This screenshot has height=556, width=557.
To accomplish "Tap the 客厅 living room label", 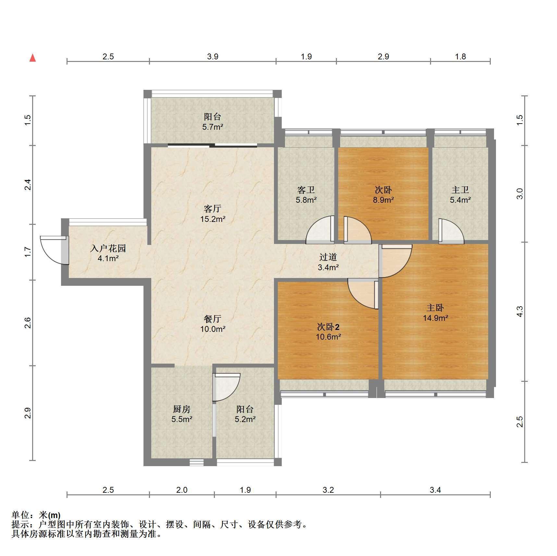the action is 213,208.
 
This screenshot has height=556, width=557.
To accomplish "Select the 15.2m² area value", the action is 213,219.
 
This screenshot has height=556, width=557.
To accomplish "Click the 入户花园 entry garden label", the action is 108,248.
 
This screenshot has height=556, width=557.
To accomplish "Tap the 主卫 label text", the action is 460,189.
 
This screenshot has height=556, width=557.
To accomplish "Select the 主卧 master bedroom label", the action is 435,308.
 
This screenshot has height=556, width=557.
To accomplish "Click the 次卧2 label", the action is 328,326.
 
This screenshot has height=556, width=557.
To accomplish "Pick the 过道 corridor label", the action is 328,257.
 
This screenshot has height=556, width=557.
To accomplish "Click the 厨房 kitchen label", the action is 181,409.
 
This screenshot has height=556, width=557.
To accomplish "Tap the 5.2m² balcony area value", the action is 245,419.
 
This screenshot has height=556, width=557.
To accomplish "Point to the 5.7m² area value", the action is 213,127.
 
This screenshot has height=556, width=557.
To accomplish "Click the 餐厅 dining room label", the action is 213,319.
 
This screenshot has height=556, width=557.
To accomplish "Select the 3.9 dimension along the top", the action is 213,56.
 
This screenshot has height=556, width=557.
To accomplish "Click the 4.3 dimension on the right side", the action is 520,311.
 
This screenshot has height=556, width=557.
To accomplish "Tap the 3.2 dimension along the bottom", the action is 328,490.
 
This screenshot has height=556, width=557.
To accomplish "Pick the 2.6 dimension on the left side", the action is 28,323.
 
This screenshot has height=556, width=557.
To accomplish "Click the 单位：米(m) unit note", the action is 36,515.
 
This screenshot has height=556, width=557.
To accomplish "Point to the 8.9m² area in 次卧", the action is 383,200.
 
